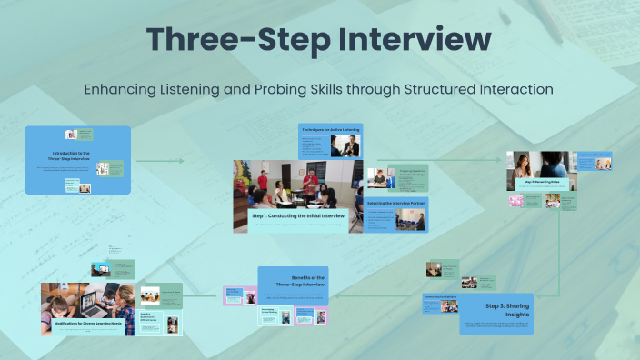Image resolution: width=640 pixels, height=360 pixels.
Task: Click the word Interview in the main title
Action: pos(405,39)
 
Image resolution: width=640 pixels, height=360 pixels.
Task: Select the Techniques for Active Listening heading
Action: pos(330,130)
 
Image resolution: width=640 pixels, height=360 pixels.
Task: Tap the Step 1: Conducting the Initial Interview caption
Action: pos(298,216)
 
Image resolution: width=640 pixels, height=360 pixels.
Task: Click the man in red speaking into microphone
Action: pos(311,182)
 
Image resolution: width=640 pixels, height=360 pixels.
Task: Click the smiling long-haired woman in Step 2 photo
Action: pos(526,165)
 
